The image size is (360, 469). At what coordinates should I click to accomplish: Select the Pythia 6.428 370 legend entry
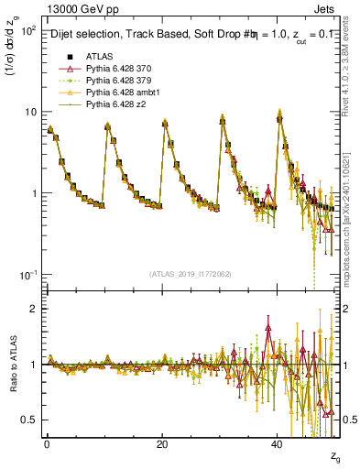(115, 69)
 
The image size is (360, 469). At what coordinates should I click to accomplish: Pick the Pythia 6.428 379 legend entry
(115, 81)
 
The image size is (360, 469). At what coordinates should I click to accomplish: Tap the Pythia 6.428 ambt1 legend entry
(118, 93)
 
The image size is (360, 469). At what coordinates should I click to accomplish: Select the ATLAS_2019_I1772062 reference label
(191, 275)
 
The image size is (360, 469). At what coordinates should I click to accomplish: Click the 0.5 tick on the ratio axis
(30, 420)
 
